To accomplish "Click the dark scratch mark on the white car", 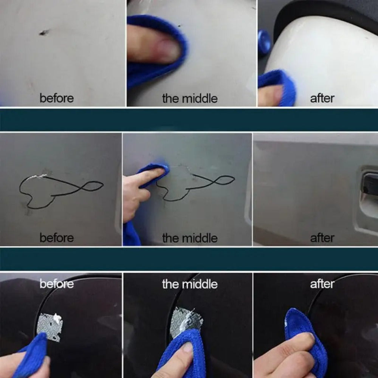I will pyautogui.click(x=43, y=33).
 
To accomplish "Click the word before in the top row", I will pyautogui.click(x=57, y=98).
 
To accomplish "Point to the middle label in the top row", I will pyautogui.click(x=190, y=98).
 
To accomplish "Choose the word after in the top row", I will pyautogui.click(x=322, y=98).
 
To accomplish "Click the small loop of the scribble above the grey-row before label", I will pyautogui.click(x=92, y=186).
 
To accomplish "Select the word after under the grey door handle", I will pyautogui.click(x=322, y=238).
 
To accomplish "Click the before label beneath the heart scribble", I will pyautogui.click(x=57, y=238).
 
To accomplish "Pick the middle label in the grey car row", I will pyautogui.click(x=190, y=238).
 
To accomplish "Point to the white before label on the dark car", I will pyautogui.click(x=57, y=284).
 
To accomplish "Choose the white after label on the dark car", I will pyautogui.click(x=322, y=284).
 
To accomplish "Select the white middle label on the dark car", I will pyautogui.click(x=190, y=284).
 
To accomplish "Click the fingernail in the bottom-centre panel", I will pyautogui.click(x=187, y=347).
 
